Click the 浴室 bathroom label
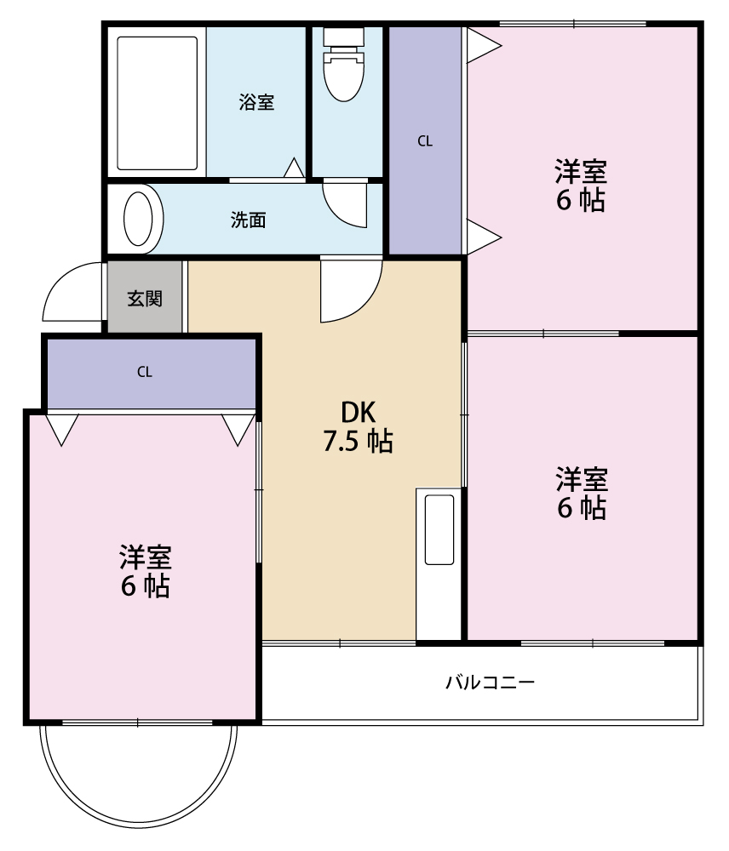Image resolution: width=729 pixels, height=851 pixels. point(256,103)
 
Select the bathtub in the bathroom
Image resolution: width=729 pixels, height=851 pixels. point(157,102)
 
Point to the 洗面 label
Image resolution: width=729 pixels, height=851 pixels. point(249,220)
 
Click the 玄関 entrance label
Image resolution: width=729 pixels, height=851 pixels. point(145,299)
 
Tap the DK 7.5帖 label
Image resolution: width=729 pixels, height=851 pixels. point(358,426)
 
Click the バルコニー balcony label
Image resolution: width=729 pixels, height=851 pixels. point(491,683)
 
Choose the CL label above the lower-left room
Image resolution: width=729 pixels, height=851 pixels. point(145,372)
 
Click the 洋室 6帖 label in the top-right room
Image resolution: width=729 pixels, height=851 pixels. point(581,186)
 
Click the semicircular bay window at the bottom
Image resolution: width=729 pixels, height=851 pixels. point(139,779)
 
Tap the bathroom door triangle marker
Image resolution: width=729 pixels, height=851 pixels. point(294,168)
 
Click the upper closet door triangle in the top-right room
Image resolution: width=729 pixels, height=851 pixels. point(481,46)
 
